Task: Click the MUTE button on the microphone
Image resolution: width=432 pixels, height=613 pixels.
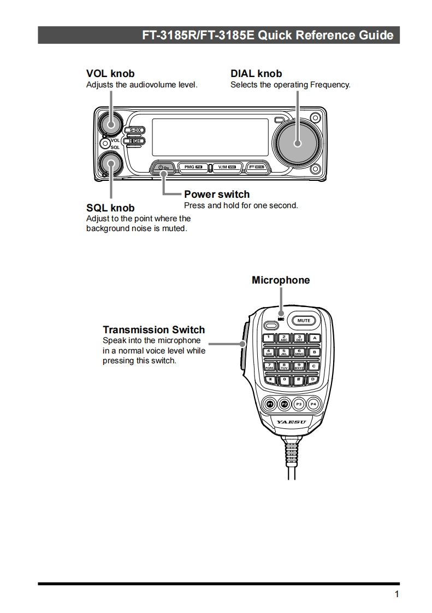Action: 304,321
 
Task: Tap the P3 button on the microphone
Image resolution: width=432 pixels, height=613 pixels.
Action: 299,404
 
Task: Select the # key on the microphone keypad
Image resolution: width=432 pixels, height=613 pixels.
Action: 299,379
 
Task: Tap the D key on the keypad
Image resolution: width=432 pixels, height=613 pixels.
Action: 313,379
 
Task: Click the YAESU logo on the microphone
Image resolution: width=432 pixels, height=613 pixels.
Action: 291,422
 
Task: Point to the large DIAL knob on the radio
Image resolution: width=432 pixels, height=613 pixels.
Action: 298,143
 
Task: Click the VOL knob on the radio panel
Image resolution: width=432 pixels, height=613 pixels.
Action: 111,123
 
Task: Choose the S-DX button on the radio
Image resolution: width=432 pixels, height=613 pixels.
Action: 135,130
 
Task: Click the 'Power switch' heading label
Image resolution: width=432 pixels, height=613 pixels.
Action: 217,194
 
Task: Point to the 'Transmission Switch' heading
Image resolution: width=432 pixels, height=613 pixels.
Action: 154,329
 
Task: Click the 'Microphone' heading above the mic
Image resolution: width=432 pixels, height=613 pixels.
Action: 281,280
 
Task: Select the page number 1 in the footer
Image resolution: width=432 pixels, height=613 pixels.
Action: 397,594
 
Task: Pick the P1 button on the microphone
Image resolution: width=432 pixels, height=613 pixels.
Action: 270,404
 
